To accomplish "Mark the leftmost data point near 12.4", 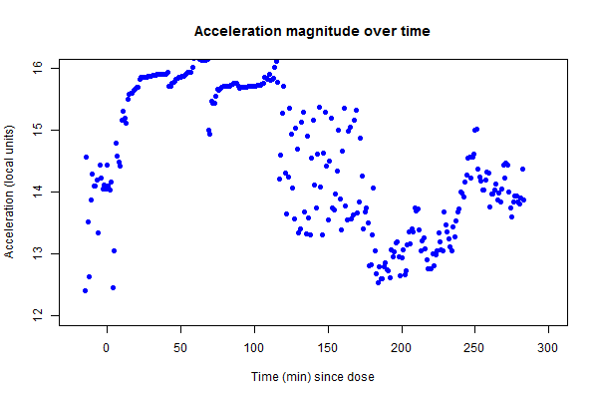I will [85, 290].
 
